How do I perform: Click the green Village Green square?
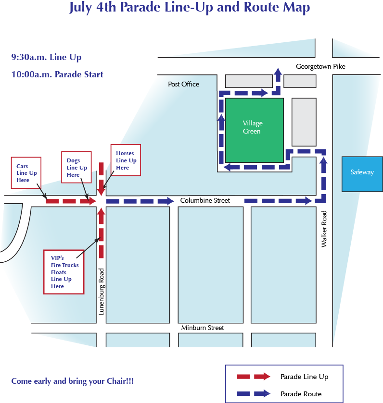(x=255, y=130)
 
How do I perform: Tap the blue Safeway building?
(x=362, y=174)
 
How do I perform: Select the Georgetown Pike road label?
(x=320, y=67)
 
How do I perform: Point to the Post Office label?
(x=183, y=84)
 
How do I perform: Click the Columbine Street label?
(x=205, y=200)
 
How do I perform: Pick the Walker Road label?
(x=324, y=229)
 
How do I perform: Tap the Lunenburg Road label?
(x=102, y=292)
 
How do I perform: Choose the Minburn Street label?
(x=203, y=328)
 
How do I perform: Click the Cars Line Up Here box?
(x=26, y=173)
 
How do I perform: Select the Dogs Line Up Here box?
(x=77, y=167)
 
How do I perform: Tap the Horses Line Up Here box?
(x=126, y=160)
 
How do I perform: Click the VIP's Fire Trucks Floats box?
(x=64, y=272)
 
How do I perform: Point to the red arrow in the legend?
(x=254, y=377)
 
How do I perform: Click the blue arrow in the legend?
(x=254, y=393)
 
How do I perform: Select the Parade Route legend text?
(x=301, y=394)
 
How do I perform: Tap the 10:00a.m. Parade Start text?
(x=57, y=74)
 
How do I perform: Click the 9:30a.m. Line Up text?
(x=46, y=57)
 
